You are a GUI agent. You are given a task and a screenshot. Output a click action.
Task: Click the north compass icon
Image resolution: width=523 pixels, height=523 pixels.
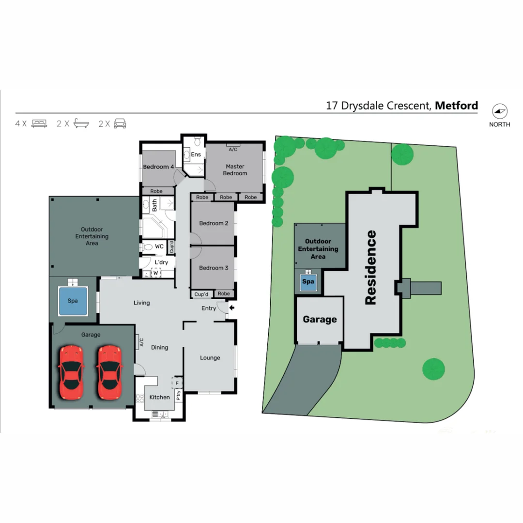coord(499,111)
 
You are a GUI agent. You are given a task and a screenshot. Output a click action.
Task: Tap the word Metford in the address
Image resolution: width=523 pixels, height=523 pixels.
coord(456,106)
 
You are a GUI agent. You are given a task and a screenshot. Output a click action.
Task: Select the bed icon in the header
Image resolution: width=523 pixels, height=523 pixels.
coord(39,123)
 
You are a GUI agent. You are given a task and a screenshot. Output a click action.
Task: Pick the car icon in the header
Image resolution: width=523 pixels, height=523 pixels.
coord(120,123)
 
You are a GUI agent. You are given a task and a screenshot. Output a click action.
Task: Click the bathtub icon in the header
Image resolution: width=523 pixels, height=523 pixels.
coord(81,123)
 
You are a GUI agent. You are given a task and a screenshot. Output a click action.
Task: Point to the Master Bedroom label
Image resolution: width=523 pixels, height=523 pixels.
coord(235,170)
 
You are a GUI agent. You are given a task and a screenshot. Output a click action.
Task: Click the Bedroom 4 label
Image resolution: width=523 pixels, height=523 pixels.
coord(158,167)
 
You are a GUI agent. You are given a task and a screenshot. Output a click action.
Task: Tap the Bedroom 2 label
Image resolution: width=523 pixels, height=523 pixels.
coord(214,223)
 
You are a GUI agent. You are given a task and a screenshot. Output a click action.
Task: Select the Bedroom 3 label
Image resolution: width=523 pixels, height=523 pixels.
coord(214,268)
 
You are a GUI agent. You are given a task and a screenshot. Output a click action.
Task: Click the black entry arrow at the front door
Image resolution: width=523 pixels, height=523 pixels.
coord(232,308)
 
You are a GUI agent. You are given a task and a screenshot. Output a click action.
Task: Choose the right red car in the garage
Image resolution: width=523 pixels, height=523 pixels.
coord(109,372)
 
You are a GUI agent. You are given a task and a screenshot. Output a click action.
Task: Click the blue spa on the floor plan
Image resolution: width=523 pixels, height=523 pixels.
coord(73,301)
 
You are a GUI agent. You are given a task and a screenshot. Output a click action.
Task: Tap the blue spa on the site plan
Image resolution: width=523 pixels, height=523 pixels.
coord(308,282)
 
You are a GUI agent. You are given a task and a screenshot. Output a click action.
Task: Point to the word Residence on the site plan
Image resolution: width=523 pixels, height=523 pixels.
coord(370,267)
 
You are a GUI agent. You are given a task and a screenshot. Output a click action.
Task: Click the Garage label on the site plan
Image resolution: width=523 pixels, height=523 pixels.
coord(320,320)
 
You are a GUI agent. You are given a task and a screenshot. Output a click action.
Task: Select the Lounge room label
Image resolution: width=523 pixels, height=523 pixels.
coord(210,358)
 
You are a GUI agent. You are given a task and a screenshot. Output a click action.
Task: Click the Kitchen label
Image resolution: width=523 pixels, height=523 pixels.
coord(159,397)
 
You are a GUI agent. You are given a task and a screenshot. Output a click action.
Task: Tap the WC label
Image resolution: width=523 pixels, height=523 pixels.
coord(159,246)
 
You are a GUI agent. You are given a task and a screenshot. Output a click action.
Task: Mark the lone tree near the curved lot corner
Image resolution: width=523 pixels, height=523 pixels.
coord(433,369)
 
